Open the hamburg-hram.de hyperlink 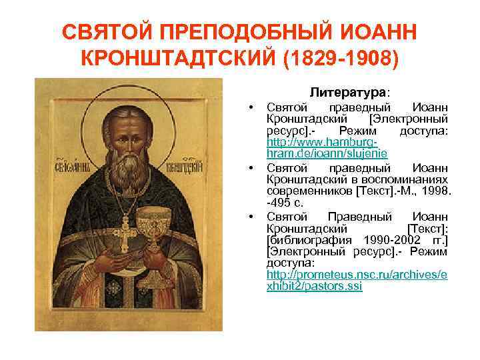pyautogui.click(x=322, y=149)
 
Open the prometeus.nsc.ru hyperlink pyautogui.click(x=357, y=280)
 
